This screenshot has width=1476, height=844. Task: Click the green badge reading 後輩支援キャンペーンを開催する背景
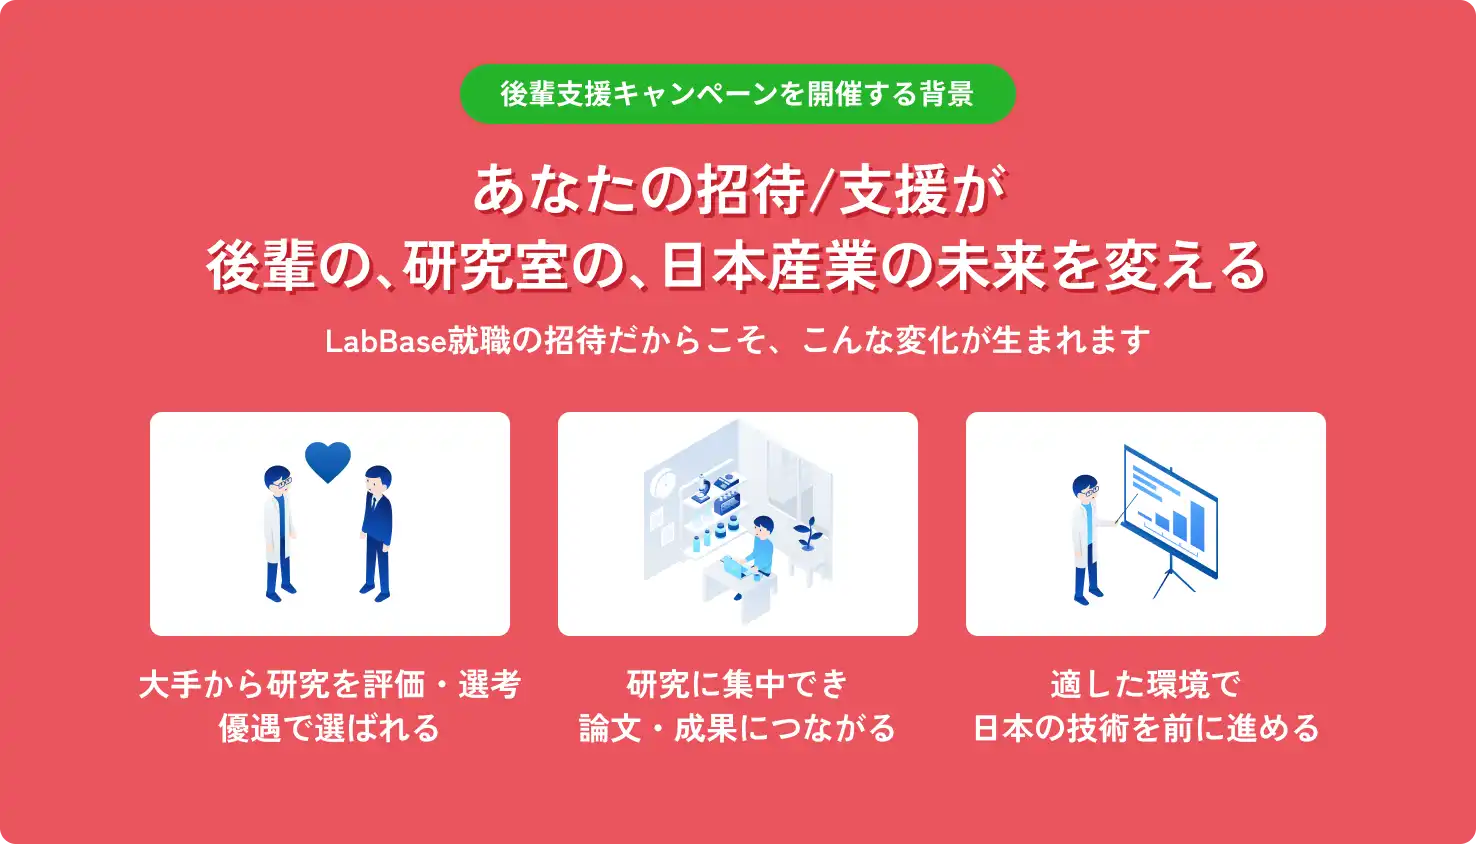[737, 94]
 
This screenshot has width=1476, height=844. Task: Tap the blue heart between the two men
[328, 461]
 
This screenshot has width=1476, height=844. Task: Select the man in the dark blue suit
[377, 532]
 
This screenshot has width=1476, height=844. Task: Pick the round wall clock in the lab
[661, 485]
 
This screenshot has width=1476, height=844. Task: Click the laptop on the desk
[735, 567]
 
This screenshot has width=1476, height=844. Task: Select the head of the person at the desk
[763, 526]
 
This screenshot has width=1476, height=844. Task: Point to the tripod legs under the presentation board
[1172, 580]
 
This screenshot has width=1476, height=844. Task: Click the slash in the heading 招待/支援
[822, 190]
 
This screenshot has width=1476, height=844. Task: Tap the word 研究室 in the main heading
[471, 266]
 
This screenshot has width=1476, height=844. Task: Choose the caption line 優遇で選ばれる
[329, 728]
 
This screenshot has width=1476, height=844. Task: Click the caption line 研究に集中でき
[737, 684]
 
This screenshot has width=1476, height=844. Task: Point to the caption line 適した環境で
[1145, 684]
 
